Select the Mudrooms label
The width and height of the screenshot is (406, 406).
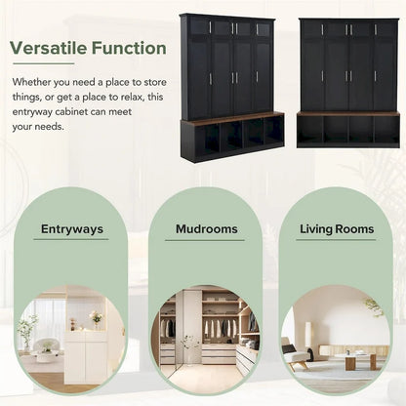click(x=206, y=230)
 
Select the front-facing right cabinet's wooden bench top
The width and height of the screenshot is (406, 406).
click(x=348, y=114)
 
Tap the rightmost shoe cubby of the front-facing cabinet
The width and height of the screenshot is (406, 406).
click(x=386, y=131)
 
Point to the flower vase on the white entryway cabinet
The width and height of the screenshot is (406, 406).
click(x=96, y=319)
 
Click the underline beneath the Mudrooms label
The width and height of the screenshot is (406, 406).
click(x=206, y=240)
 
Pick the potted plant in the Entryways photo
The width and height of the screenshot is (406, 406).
click(x=28, y=330)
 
